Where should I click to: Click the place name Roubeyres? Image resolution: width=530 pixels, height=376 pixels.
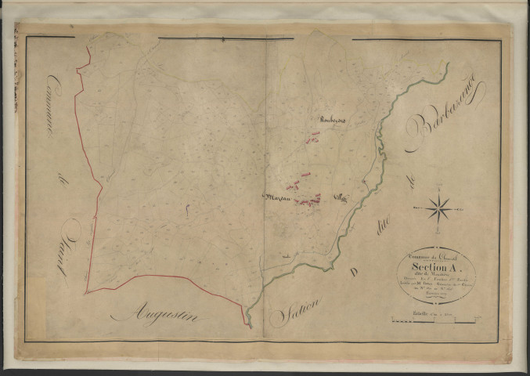click(333, 119)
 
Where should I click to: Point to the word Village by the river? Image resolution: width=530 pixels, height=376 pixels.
click(341, 197)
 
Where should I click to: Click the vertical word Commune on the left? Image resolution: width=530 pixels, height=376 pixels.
click(56, 107)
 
